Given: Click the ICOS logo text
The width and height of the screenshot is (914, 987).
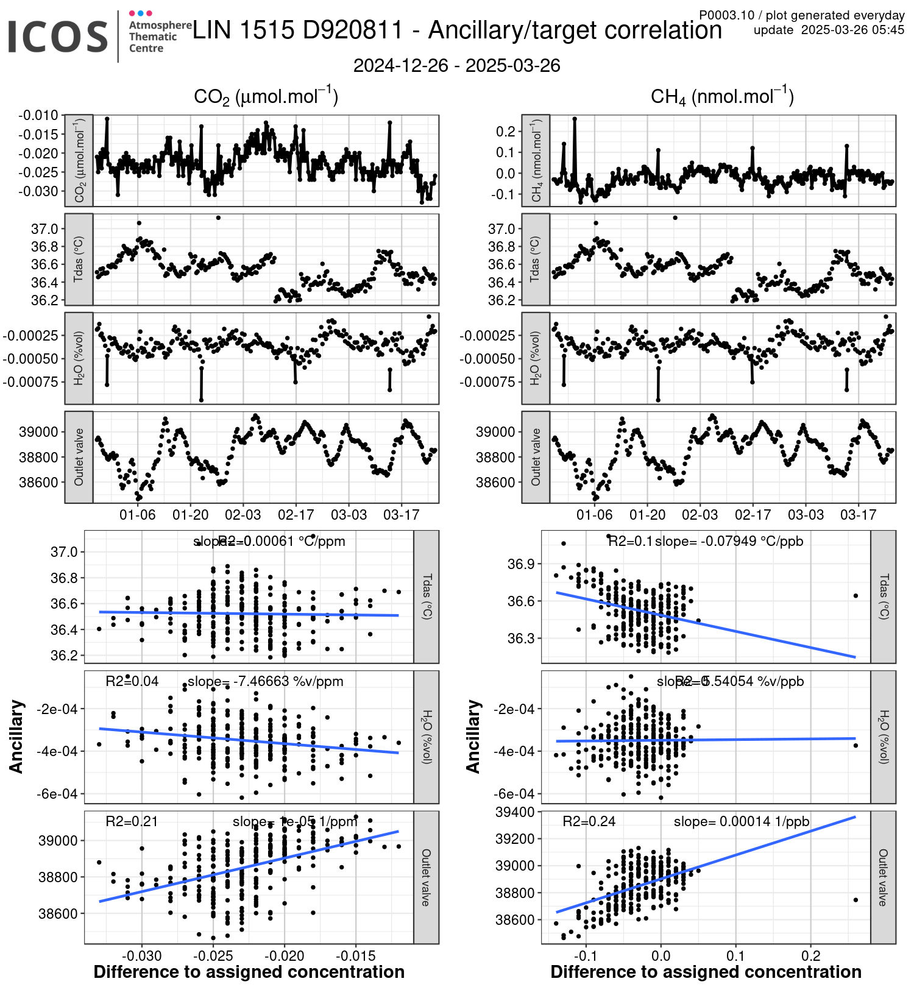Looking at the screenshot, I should [58, 37].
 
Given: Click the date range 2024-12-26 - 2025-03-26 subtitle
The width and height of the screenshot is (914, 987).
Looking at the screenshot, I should [456, 66].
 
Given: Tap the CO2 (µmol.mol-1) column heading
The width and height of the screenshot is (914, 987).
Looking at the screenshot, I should [266, 96].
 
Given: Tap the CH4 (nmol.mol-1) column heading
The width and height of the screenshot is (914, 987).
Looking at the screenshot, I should [722, 96].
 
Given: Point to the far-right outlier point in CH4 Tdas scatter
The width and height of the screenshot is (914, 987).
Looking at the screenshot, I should [856, 596].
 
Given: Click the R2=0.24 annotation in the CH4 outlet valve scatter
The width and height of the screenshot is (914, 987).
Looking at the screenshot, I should [589, 821].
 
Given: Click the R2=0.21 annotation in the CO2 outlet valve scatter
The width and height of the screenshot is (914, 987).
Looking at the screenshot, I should [132, 821].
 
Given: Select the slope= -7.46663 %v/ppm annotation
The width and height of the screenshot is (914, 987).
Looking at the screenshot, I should [265, 681].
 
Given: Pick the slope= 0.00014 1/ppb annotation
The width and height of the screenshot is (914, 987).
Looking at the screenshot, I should [741, 821].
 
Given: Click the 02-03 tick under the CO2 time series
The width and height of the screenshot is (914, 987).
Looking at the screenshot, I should [243, 515].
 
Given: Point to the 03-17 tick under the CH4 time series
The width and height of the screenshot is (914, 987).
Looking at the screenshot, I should [858, 515].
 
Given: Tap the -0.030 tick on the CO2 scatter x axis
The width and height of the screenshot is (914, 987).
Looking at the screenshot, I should [141, 955].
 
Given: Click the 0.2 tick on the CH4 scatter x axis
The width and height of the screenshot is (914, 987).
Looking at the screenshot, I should [811, 955].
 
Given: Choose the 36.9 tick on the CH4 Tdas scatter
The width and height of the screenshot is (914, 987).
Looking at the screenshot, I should [522, 564].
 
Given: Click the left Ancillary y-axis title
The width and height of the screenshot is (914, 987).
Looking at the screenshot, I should [16, 737].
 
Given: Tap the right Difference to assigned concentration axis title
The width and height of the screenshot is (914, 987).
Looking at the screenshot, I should [706, 972].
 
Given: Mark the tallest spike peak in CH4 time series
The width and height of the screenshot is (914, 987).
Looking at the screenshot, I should [575, 119].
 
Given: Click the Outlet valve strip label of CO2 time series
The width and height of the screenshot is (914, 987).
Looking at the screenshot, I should [79, 457].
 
